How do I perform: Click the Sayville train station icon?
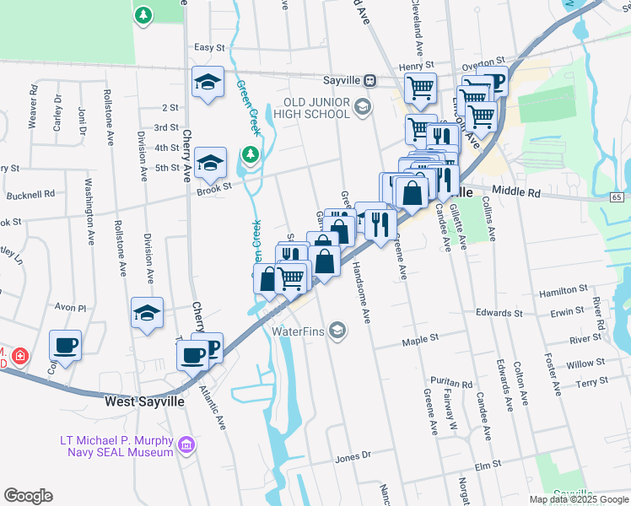[x=369, y=81]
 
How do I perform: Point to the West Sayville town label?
[x=143, y=402]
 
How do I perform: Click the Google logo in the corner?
[x=28, y=496]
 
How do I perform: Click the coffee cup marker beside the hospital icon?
[x=65, y=344]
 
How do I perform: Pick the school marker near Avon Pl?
[x=148, y=313]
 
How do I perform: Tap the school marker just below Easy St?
[x=208, y=82]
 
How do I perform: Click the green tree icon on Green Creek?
[x=250, y=154]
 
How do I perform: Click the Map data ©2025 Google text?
[x=578, y=499]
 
